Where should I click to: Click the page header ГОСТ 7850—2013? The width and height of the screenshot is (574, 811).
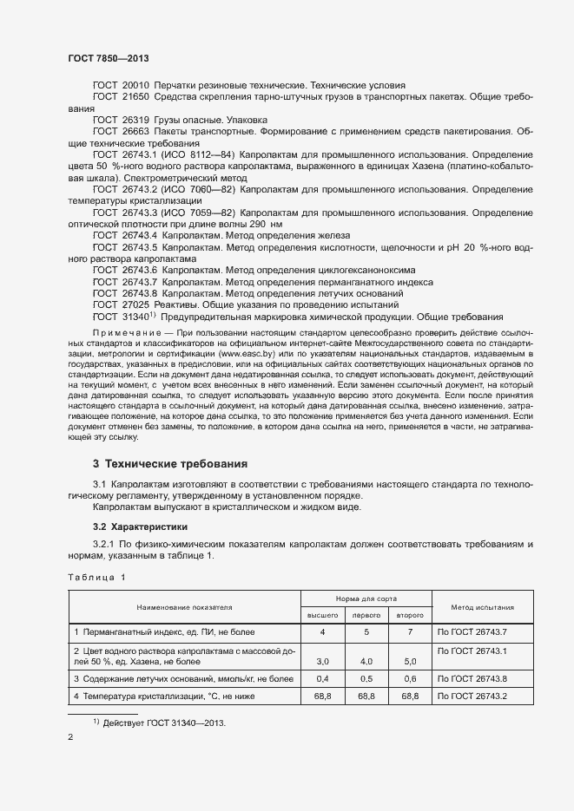(108, 58)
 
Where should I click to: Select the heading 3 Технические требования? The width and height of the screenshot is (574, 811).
(170, 464)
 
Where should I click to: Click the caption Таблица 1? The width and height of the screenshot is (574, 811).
(96, 577)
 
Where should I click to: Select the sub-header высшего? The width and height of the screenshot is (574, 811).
(323, 615)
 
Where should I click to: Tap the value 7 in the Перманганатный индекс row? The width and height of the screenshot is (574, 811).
(410, 632)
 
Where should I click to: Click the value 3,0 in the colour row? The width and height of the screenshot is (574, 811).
(323, 661)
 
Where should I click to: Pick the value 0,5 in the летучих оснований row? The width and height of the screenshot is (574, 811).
(366, 678)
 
